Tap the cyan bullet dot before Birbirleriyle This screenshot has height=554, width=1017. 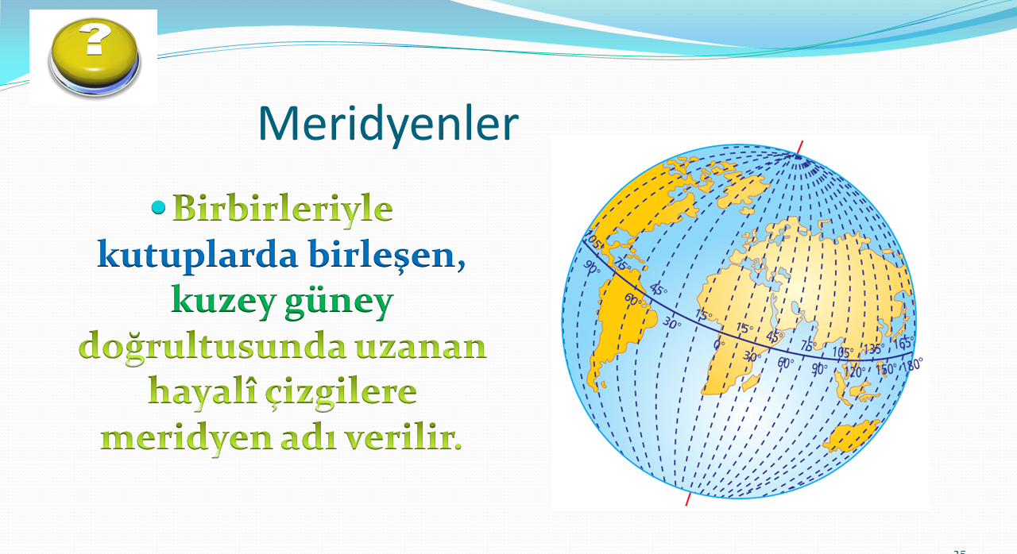(158, 208)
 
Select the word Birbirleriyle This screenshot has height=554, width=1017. (282, 210)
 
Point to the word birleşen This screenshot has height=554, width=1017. (382, 256)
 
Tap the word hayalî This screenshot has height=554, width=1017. (202, 391)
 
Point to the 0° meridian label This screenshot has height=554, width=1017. (719, 344)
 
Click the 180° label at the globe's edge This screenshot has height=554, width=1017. (913, 364)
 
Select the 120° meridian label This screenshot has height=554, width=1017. (853, 372)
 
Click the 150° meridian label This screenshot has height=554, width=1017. (886, 369)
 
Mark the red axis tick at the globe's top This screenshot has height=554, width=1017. (800, 148)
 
